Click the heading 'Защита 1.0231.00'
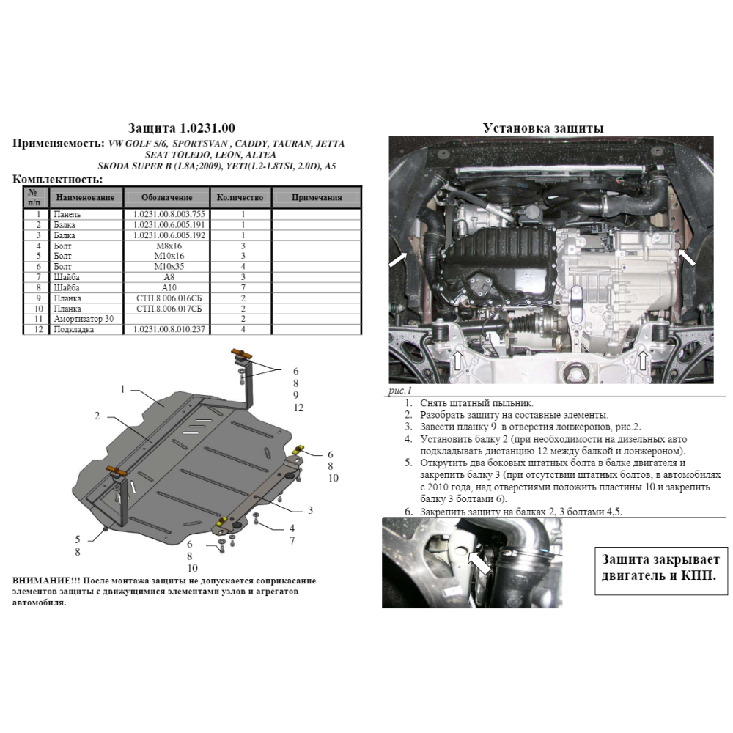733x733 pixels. (x=181, y=128)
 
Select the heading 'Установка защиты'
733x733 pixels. (x=543, y=128)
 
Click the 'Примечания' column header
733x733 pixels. (x=317, y=198)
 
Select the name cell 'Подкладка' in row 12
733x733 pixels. (x=73, y=331)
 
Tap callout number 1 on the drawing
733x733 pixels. (x=124, y=388)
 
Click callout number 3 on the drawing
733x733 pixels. (x=311, y=510)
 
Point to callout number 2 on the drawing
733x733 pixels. (x=96, y=416)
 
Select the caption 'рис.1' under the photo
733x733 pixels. (x=399, y=392)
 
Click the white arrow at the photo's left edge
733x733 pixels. (x=397, y=259)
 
